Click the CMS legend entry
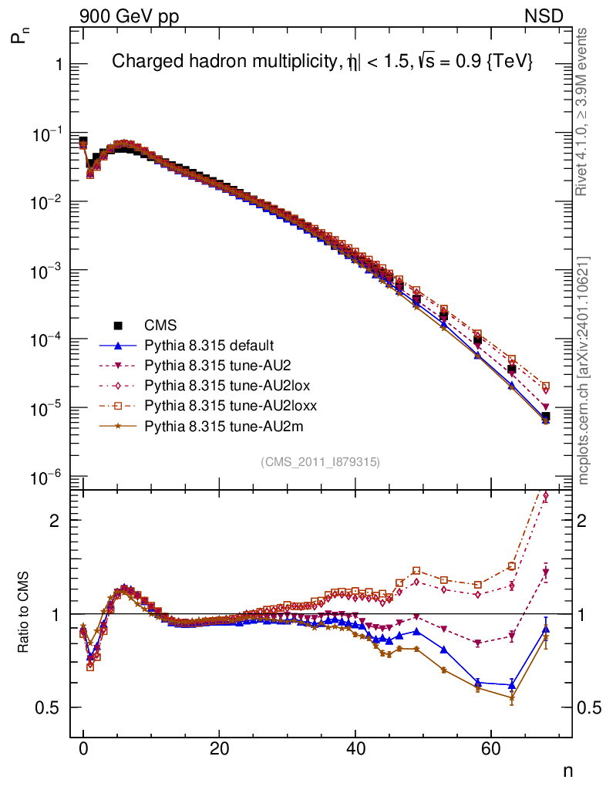click(x=159, y=325)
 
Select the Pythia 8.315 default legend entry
click(x=209, y=345)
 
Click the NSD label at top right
click(x=544, y=15)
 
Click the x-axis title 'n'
click(x=567, y=770)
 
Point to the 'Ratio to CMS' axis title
click(x=25, y=614)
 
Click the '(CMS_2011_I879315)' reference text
click(x=320, y=461)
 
